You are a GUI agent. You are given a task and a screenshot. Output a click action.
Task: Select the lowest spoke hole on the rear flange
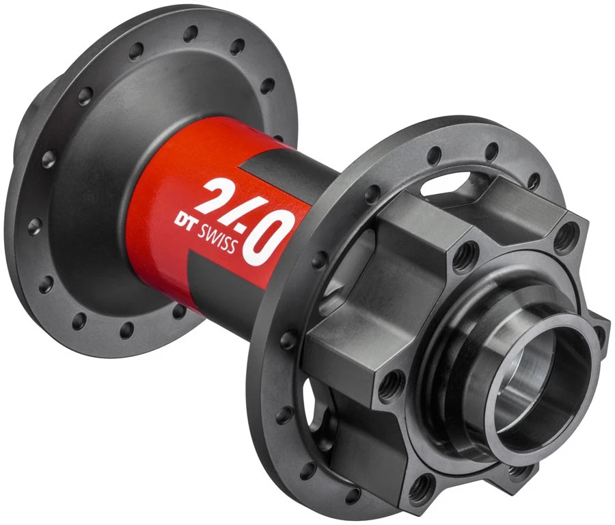(126, 332)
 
